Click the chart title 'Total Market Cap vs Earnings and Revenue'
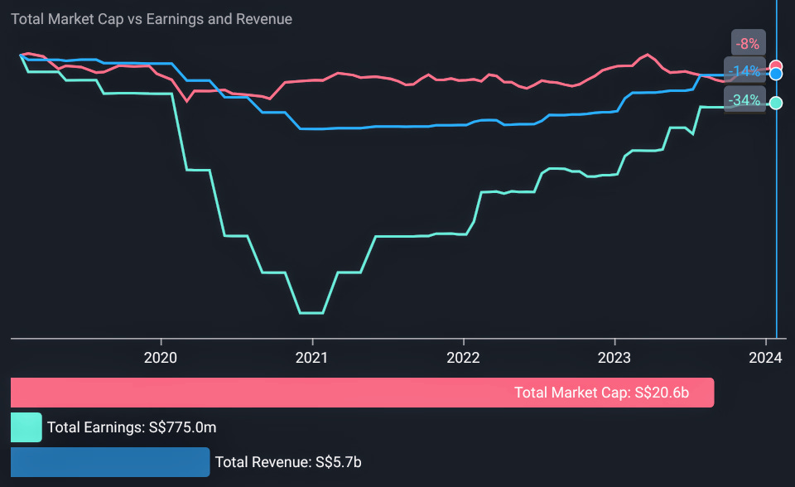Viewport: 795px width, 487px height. [152, 19]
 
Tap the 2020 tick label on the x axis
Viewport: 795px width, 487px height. [161, 358]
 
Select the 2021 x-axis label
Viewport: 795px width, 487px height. [312, 358]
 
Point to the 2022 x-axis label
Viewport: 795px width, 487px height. [464, 358]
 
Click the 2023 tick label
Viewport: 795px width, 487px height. [614, 358]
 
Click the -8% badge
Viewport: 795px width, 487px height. [749, 43]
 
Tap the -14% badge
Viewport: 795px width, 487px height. [744, 71]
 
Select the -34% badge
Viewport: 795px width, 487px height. [744, 100]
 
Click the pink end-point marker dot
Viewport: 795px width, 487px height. [776, 67]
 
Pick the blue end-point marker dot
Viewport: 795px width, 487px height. [776, 75]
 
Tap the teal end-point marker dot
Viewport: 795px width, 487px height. [776, 103]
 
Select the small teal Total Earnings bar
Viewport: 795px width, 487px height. [26, 427]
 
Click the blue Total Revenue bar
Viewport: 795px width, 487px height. [110, 462]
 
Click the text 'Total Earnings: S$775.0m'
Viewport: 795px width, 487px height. [132, 427]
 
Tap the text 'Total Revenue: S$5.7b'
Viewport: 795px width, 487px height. [287, 462]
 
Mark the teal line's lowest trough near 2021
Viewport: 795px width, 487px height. [311, 313]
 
